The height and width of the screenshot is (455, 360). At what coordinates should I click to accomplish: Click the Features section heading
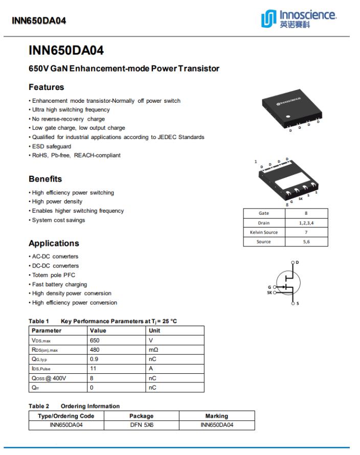pos(46,87)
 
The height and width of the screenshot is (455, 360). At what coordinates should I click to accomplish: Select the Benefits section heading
pos(45,179)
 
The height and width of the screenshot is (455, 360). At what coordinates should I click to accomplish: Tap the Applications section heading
pos(54,243)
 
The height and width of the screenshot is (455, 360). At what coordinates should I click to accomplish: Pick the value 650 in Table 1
pos(95,340)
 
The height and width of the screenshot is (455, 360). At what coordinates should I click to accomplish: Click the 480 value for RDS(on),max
pos(95,350)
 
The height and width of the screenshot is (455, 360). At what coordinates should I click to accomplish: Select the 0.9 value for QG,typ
pos(94,359)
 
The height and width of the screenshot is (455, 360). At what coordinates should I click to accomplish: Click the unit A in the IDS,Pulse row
pos(151,369)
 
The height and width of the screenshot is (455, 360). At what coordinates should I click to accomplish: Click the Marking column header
pos(216,416)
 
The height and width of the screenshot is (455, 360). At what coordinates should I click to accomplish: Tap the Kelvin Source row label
pos(263,232)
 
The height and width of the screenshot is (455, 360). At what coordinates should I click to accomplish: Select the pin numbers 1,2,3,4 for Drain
pos(306,223)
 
